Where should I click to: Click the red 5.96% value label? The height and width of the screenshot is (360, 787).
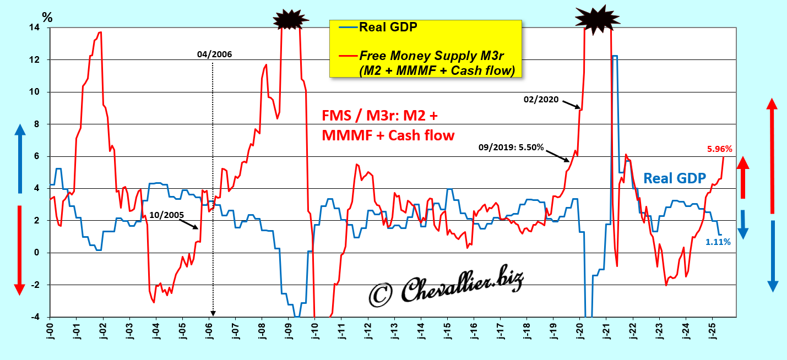(x=719, y=149)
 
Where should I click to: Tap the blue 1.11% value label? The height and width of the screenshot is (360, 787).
(x=718, y=242)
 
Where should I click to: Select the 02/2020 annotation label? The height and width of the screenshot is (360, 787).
(x=541, y=100)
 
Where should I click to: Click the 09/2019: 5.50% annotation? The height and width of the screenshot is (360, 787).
(x=511, y=148)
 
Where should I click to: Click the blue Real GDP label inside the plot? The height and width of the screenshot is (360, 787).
(x=675, y=178)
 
